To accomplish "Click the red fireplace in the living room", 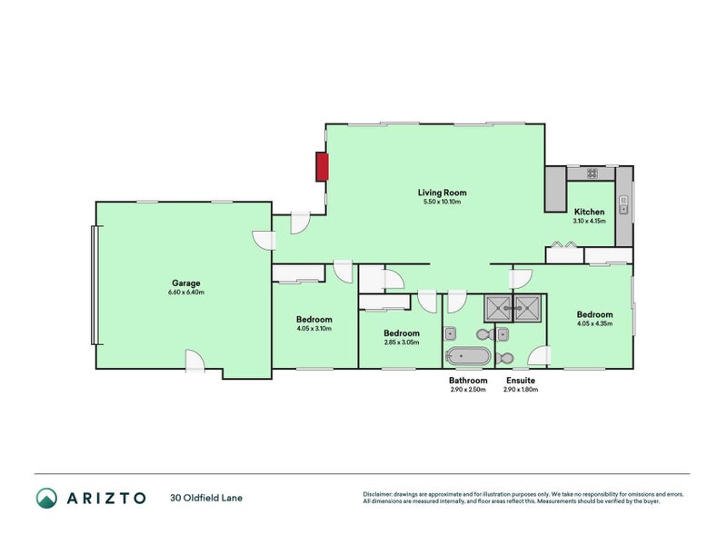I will coord(322,167).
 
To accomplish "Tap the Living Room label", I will coord(442,192).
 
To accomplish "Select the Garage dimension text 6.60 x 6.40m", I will coord(186,292).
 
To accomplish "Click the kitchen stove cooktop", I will coord(591,173).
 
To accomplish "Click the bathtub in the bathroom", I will coord(468,356).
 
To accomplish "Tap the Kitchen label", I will coord(589,212).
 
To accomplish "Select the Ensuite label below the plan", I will coord(521,381).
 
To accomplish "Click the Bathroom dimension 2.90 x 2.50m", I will coord(468,390).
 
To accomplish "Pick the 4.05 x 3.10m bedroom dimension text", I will coord(314,329).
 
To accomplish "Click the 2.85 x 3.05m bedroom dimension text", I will coord(400,342).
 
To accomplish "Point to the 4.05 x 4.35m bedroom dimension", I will coord(594,323).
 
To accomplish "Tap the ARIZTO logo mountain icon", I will coord(46,498).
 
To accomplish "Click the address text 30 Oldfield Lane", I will coord(206,498).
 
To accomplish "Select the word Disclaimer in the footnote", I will coord(379,494).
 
